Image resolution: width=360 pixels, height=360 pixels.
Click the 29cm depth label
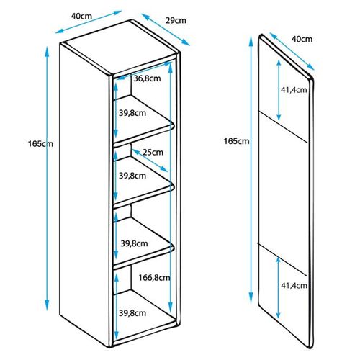[x=176, y=21]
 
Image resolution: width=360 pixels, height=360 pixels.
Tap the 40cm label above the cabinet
[x=81, y=16]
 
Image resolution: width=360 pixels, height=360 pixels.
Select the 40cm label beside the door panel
[x=302, y=39]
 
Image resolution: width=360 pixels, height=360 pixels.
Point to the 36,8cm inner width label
[x=147, y=78]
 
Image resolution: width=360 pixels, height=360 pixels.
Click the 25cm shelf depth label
[x=153, y=152]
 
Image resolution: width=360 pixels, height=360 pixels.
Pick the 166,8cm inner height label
[x=154, y=278]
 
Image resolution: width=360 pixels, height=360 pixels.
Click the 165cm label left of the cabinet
[x=40, y=144]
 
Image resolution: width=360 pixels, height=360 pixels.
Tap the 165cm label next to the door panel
[x=237, y=141]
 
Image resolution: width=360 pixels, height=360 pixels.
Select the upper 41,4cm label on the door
[x=294, y=90]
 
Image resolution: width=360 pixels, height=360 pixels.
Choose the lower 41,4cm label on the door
[x=294, y=285]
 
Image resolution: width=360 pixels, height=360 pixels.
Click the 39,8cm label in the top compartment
[x=132, y=113]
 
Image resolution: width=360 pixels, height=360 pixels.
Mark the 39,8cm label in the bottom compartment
[x=132, y=313]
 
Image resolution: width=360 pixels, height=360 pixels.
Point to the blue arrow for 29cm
[x=166, y=30]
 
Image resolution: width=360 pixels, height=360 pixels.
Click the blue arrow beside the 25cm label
[x=150, y=161]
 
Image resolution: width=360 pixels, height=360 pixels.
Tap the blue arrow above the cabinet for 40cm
[x=89, y=22]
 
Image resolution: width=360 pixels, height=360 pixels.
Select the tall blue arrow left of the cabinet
[x=47, y=179]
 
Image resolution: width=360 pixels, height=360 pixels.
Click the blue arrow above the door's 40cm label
[x=292, y=51]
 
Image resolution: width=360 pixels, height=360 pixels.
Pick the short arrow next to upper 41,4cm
[x=279, y=90]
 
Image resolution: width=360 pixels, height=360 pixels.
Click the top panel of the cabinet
[x=120, y=48]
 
